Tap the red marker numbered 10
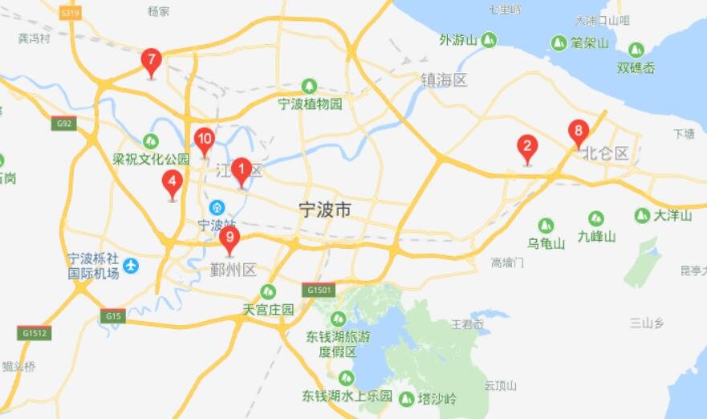coord(204,140)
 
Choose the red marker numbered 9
coord(230,238)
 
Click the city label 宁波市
coord(324,210)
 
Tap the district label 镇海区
coord(445,80)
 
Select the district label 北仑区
coord(607,153)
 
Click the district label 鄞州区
coord(233,270)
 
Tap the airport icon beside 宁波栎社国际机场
coord(131,265)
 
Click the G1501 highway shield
coord(319,290)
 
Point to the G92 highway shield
coord(63,124)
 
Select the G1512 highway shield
coord(35,332)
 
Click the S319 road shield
coord(71,13)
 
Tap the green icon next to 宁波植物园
coord(310,86)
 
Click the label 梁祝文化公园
coord(151,159)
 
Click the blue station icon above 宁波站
coord(215,207)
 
